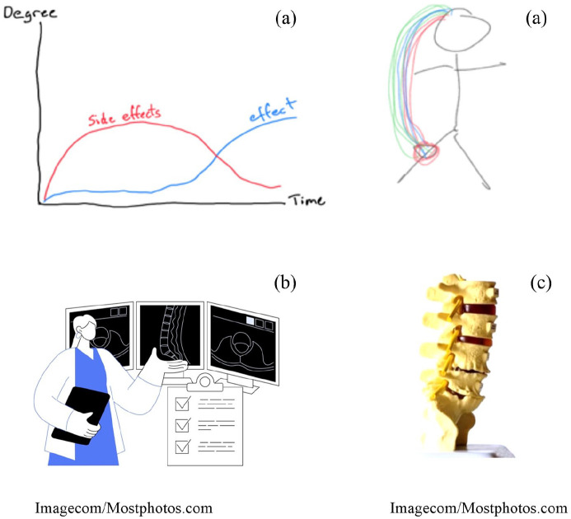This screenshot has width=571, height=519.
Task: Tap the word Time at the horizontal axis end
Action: [307, 200]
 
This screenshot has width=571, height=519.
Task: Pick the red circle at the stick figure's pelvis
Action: [428, 152]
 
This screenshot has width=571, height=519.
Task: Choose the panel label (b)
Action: [285, 283]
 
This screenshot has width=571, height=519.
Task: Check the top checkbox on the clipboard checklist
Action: [183, 403]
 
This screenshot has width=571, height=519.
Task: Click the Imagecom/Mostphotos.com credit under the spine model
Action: [479, 507]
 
